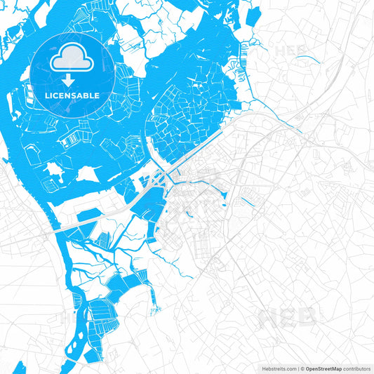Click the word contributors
356,368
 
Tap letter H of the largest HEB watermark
269,319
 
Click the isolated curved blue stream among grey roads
309,59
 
